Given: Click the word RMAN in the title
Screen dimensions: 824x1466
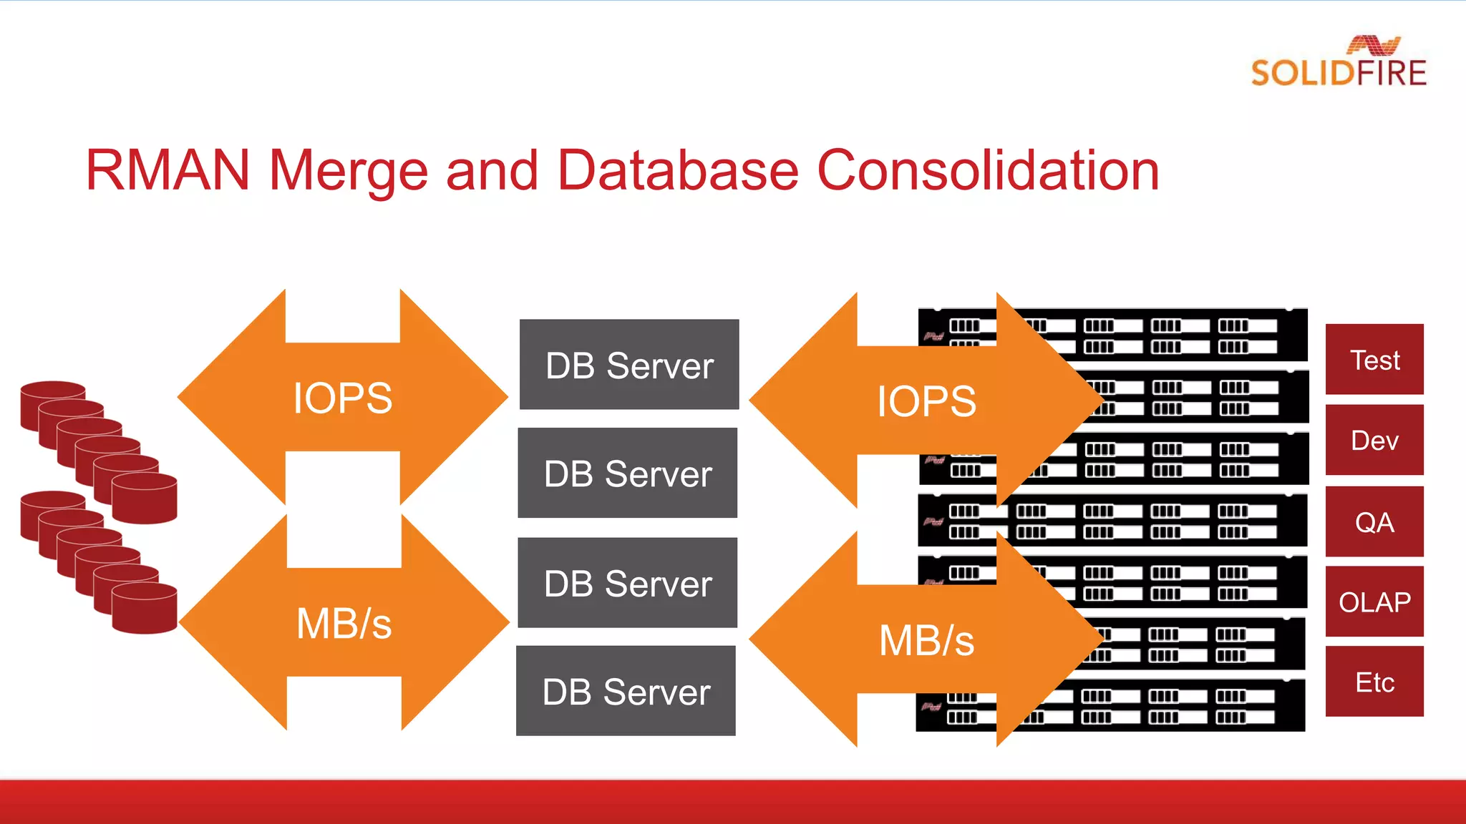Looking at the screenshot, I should [167, 171].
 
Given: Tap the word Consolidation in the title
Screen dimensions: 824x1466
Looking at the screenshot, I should [987, 171].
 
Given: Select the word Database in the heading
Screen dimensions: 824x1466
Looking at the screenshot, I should [677, 171].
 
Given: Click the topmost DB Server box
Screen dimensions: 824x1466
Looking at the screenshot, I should [629, 365].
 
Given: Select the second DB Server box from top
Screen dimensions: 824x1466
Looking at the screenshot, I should [628, 473].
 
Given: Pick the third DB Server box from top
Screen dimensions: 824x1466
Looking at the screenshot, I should [628, 583].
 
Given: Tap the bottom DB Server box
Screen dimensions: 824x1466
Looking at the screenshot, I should [626, 691].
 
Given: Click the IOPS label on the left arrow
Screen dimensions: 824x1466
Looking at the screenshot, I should [343, 398].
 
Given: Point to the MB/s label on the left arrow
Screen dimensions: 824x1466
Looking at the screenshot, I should [344, 623].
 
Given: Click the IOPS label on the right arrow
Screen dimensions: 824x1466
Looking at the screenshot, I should [926, 401].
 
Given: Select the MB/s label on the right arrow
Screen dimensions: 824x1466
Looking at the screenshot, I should [926, 640].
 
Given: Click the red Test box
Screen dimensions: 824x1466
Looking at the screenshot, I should [1374, 360].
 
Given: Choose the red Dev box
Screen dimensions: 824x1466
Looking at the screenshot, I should [1374, 440].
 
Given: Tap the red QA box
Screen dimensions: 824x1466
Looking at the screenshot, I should [1374, 522].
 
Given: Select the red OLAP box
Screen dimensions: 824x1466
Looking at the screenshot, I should [1374, 602].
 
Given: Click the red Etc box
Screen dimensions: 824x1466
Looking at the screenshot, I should [1374, 682].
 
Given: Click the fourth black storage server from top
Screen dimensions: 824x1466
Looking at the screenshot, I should [1145, 521].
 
